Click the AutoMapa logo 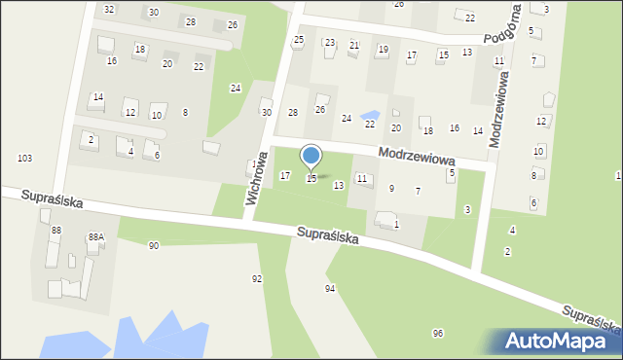click(x=559, y=341)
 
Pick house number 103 click(x=24, y=158)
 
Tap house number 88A click(x=95, y=236)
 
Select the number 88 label click(x=56, y=230)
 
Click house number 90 click(x=153, y=246)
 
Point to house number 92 click(x=257, y=279)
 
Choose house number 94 click(x=330, y=289)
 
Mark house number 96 click(x=438, y=334)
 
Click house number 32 click(x=109, y=9)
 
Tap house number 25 click(x=299, y=39)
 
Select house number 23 click(x=330, y=43)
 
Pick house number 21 click(x=354, y=45)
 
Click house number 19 click(x=383, y=50)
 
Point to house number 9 click(x=391, y=188)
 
